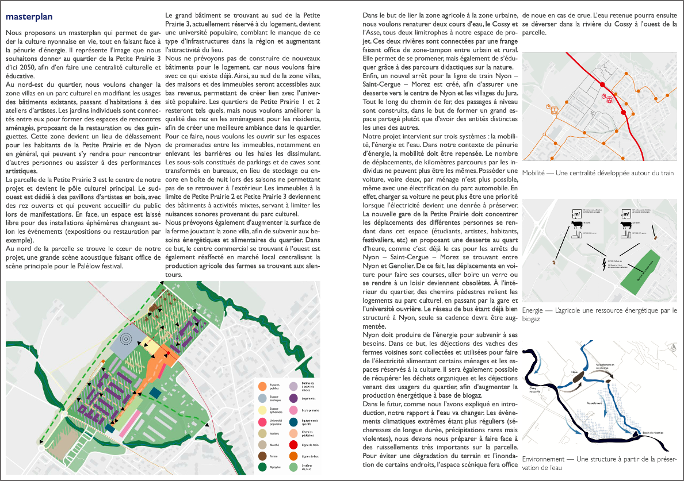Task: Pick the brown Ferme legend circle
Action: coord(262,456)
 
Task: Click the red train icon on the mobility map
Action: coord(609,98)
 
